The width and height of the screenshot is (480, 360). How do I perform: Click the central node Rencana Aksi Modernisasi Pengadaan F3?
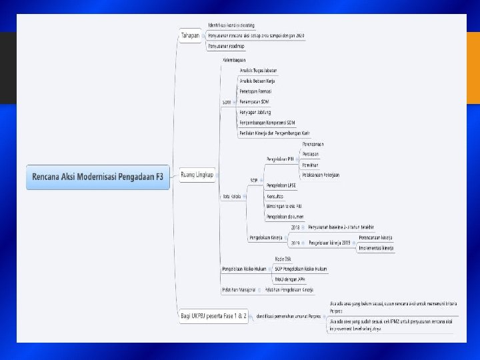pos(98,177)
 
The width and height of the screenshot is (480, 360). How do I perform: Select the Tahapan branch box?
pos(190,35)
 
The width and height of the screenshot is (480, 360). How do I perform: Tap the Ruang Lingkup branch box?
pos(197,175)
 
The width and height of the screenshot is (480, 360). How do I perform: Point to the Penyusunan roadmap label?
pos(226,46)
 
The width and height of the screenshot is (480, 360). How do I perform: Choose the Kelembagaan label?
pos(234,60)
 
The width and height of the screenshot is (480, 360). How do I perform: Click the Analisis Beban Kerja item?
pos(257,80)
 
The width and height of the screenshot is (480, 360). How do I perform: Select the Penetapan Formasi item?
pos(255,91)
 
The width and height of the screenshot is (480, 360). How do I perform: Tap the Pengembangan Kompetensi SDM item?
pos(267,123)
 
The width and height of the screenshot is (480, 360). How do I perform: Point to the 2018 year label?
pos(295,227)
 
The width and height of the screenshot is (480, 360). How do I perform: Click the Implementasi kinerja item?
pos(376,248)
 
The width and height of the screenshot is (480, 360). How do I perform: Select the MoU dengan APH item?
pos(289,279)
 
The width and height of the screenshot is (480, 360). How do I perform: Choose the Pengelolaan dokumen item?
pos(285,217)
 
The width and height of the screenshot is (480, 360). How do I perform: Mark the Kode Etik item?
pos(283,258)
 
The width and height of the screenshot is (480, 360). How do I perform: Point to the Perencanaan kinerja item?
pos(375,237)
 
